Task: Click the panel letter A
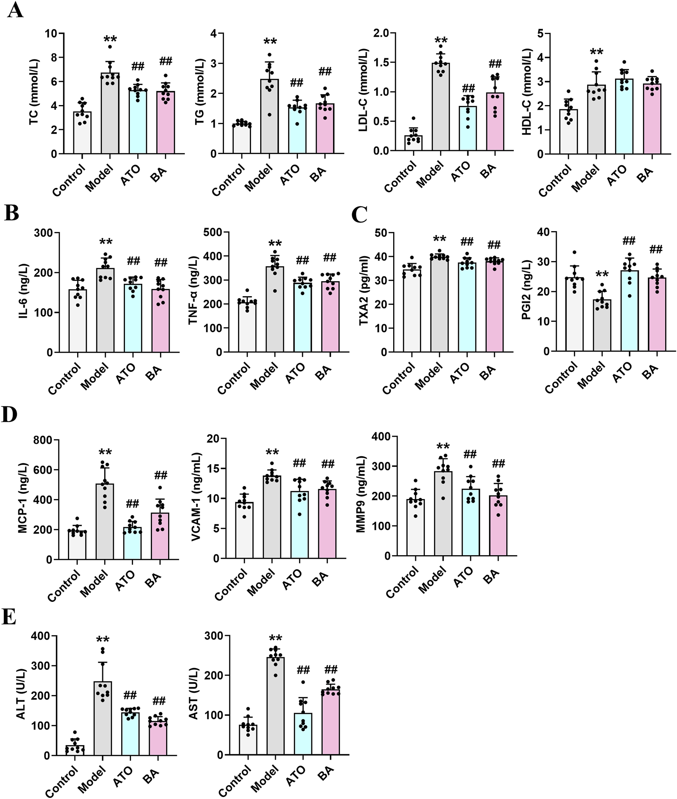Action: click(x=15, y=10)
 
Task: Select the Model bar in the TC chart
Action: click(x=110, y=115)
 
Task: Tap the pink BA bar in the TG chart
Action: click(x=325, y=128)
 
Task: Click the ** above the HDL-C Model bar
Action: click(x=596, y=52)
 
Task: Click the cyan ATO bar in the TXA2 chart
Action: click(x=467, y=307)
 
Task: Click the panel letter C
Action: click(x=359, y=215)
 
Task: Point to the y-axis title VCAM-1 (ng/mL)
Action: click(x=196, y=497)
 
